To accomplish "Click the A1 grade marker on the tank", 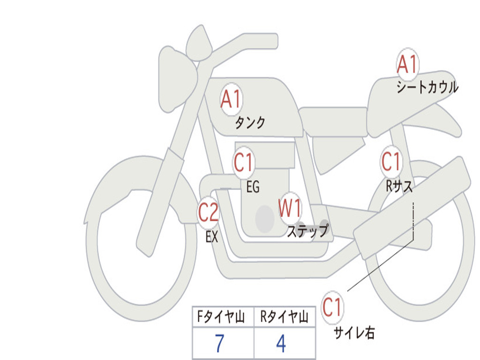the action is pyautogui.click(x=232, y=99).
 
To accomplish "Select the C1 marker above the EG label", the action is pyautogui.click(x=244, y=162).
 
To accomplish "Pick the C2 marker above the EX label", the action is pyautogui.click(x=208, y=212).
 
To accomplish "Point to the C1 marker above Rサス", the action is pyautogui.click(x=391, y=161).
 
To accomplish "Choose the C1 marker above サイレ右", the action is pyautogui.click(x=332, y=307).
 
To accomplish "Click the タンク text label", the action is pyautogui.click(x=250, y=123).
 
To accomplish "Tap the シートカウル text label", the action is pyautogui.click(x=427, y=87).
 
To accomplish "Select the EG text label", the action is pyautogui.click(x=253, y=187).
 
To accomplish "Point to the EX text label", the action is pyautogui.click(x=212, y=237).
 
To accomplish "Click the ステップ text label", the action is pyautogui.click(x=307, y=231).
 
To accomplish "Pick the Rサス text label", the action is pyautogui.click(x=399, y=186).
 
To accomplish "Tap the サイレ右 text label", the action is pyautogui.click(x=354, y=332).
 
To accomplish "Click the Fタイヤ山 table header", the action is pyautogui.click(x=221, y=316).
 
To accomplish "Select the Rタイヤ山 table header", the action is pyautogui.click(x=285, y=316).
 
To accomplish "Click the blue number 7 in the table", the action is pyautogui.click(x=219, y=343).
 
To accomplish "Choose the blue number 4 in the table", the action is pyautogui.click(x=281, y=343).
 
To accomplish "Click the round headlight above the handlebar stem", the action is pyautogui.click(x=199, y=43).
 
